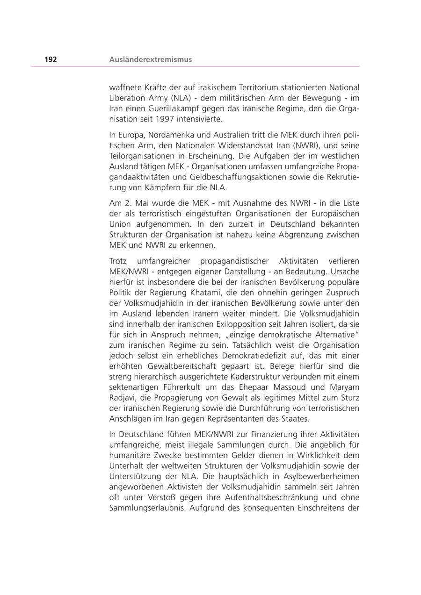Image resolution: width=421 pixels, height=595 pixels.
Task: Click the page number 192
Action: pos(51,59)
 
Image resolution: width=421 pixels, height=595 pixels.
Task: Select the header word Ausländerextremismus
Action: pos(150,59)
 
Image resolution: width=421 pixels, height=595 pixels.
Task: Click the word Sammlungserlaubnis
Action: pos(146,507)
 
